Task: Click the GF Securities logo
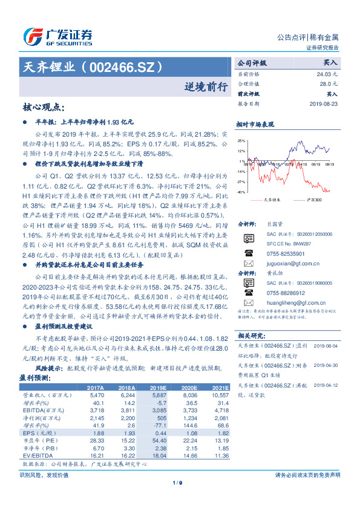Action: pyautogui.click(x=57, y=36)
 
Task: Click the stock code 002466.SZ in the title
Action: pyautogui.click(x=123, y=66)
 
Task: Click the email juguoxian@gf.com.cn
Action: pyautogui.click(x=286, y=264)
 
